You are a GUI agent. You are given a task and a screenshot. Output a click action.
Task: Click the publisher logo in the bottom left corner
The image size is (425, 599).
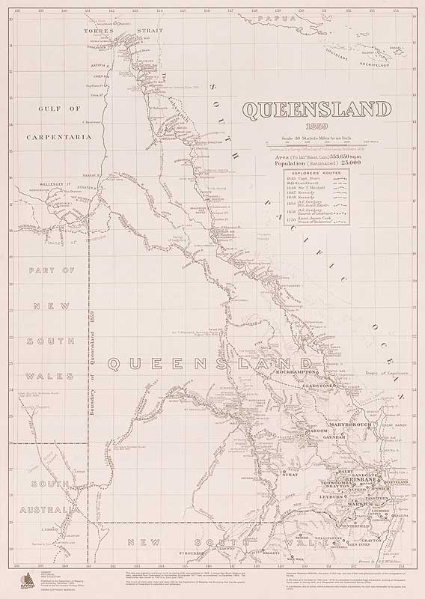click(19, 577)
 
